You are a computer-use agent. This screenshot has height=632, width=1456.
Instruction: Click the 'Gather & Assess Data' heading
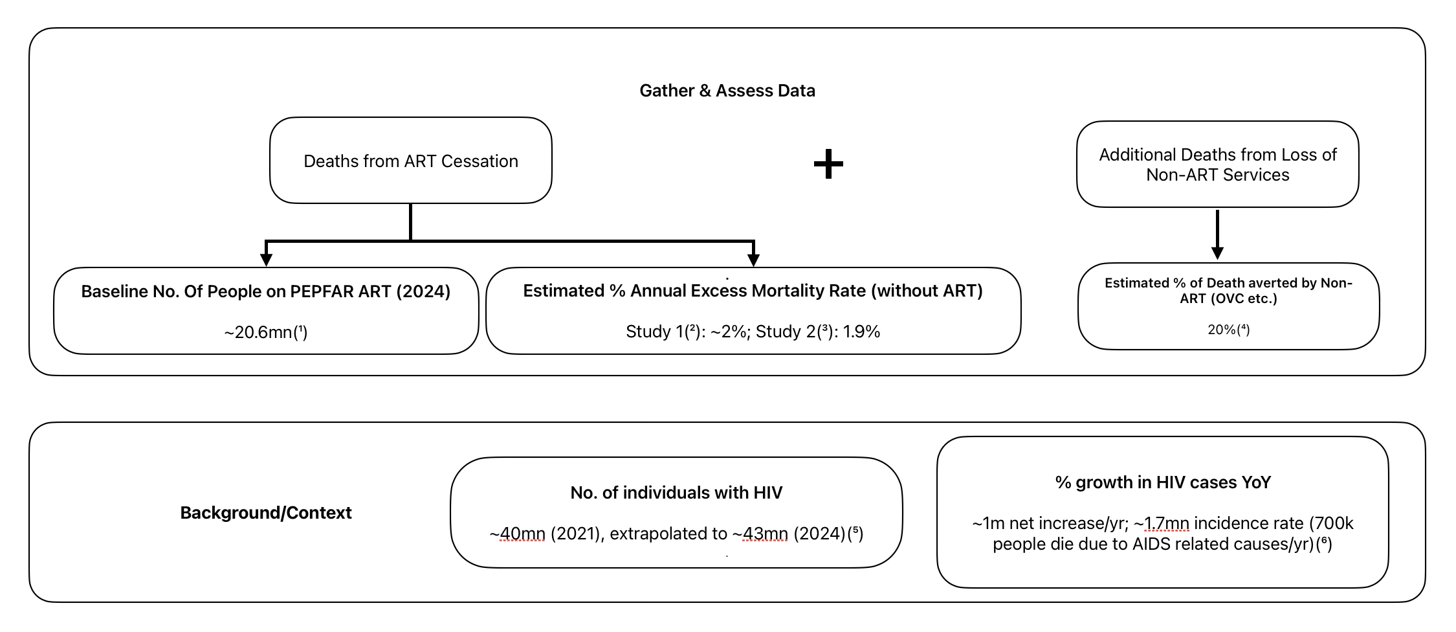coord(727,91)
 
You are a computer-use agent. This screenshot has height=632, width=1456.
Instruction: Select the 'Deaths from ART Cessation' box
coord(410,161)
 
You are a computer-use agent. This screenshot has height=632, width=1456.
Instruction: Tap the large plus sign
coord(828,164)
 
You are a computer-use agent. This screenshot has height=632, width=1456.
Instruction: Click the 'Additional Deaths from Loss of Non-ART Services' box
coord(1217,164)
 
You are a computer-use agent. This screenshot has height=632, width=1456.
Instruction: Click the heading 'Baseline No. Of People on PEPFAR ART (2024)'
coord(265,291)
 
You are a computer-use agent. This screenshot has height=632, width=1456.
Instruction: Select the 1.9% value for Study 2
coord(861,332)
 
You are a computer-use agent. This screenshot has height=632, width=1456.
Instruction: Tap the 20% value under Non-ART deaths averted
coord(1221,330)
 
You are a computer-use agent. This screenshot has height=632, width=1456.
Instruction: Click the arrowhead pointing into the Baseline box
coord(266,259)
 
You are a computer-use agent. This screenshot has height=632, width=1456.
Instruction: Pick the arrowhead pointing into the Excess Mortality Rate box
coord(753,259)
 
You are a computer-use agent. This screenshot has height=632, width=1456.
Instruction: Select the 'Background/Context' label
coord(265,513)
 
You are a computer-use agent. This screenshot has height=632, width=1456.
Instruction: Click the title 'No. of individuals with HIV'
coord(676,493)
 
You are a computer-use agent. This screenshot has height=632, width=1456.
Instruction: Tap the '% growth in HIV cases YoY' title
coord(1163,482)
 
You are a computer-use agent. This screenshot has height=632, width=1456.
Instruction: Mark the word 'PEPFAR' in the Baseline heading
coord(321,291)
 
